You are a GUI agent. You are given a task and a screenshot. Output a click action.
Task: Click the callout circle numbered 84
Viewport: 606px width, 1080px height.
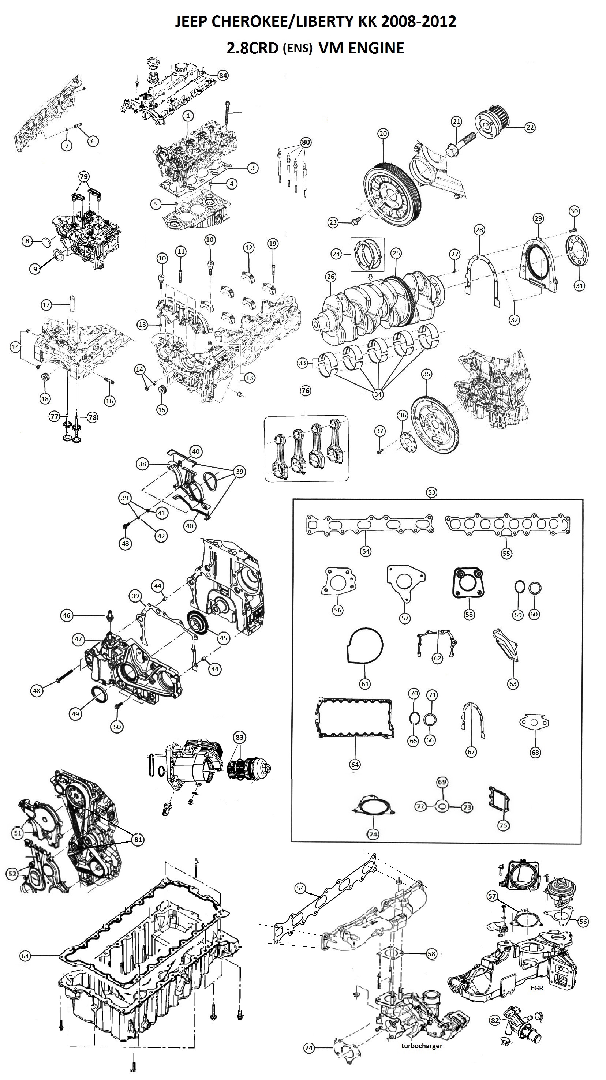pos(223,75)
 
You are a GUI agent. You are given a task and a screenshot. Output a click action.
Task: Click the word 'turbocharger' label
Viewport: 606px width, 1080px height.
pos(422,1046)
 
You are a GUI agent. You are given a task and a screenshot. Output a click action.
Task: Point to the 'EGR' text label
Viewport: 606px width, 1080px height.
pos(537,988)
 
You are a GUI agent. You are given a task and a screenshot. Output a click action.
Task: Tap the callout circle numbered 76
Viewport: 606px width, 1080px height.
pos(306,391)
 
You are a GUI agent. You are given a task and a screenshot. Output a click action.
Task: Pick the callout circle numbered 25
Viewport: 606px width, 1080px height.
pos(396,253)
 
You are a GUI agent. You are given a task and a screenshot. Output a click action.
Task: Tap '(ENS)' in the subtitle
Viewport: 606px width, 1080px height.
pos(298,49)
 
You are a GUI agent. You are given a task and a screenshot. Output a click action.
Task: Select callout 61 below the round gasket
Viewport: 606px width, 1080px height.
pos(365,684)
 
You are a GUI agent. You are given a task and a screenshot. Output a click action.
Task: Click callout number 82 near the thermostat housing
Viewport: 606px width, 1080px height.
pos(495,1020)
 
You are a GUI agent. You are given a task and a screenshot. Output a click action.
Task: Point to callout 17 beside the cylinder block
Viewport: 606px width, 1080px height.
pos(46,305)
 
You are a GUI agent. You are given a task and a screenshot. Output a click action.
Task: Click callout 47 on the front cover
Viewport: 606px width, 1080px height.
pos(78,640)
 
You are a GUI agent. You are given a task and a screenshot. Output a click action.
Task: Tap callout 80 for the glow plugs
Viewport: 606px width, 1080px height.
pos(306,142)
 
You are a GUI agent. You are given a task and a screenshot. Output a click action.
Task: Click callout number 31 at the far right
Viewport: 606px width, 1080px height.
pos(579,285)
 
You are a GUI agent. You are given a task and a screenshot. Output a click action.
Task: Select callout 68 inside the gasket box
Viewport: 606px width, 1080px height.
pos(535,752)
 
